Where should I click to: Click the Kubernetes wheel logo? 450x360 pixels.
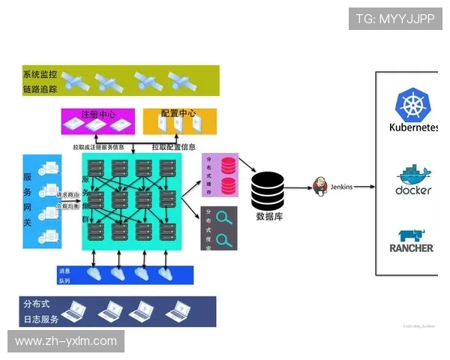click(411, 105)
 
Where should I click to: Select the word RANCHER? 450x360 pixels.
click(412, 247)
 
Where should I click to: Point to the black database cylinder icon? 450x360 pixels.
click(268, 191)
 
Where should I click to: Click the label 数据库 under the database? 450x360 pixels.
click(268, 217)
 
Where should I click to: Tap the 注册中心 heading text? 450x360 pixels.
click(97, 115)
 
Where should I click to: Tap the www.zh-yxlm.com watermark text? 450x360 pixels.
click(66, 341)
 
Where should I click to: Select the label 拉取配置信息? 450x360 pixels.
click(174, 147)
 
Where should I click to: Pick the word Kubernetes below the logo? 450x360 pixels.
click(412, 127)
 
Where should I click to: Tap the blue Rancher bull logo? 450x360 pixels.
click(411, 235)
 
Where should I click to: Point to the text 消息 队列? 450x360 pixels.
click(64, 275)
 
